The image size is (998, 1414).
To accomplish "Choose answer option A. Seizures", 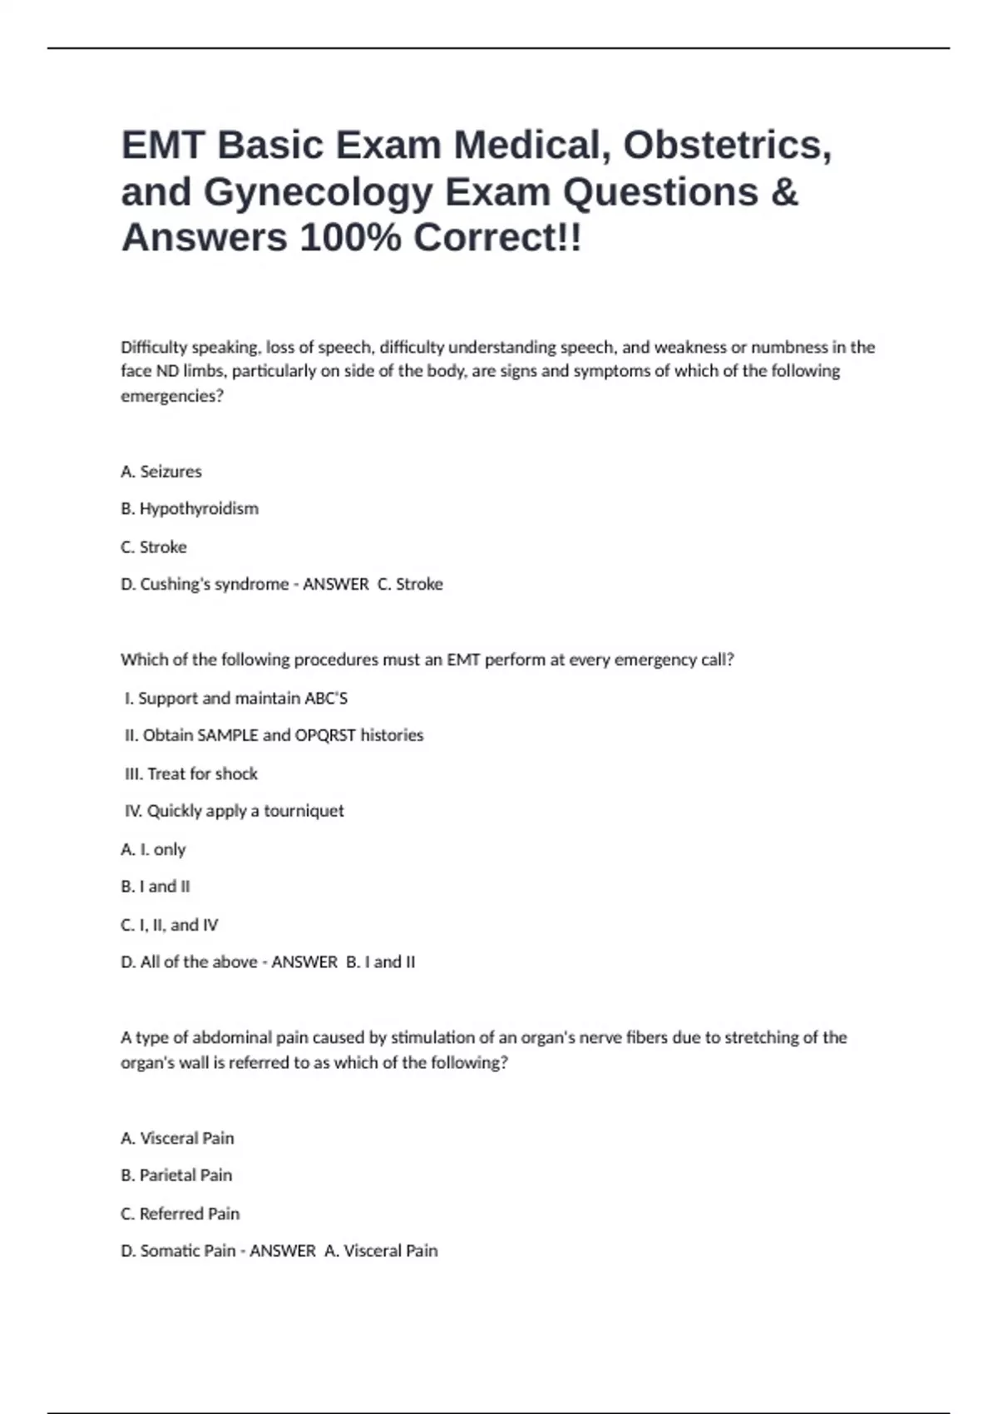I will click(161, 472).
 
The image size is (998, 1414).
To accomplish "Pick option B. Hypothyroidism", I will click(190, 508).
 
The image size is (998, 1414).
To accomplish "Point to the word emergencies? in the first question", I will click(172, 396).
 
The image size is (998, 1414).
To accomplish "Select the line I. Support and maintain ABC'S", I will click(235, 698).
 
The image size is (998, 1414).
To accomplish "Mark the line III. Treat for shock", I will click(191, 774).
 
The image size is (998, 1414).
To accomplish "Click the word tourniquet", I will click(304, 811).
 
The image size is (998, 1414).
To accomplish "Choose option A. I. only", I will click(153, 849).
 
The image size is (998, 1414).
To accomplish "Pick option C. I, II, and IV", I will click(170, 925).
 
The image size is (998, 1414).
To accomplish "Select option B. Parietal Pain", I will click(176, 1175).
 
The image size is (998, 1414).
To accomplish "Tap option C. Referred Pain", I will click(180, 1214).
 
